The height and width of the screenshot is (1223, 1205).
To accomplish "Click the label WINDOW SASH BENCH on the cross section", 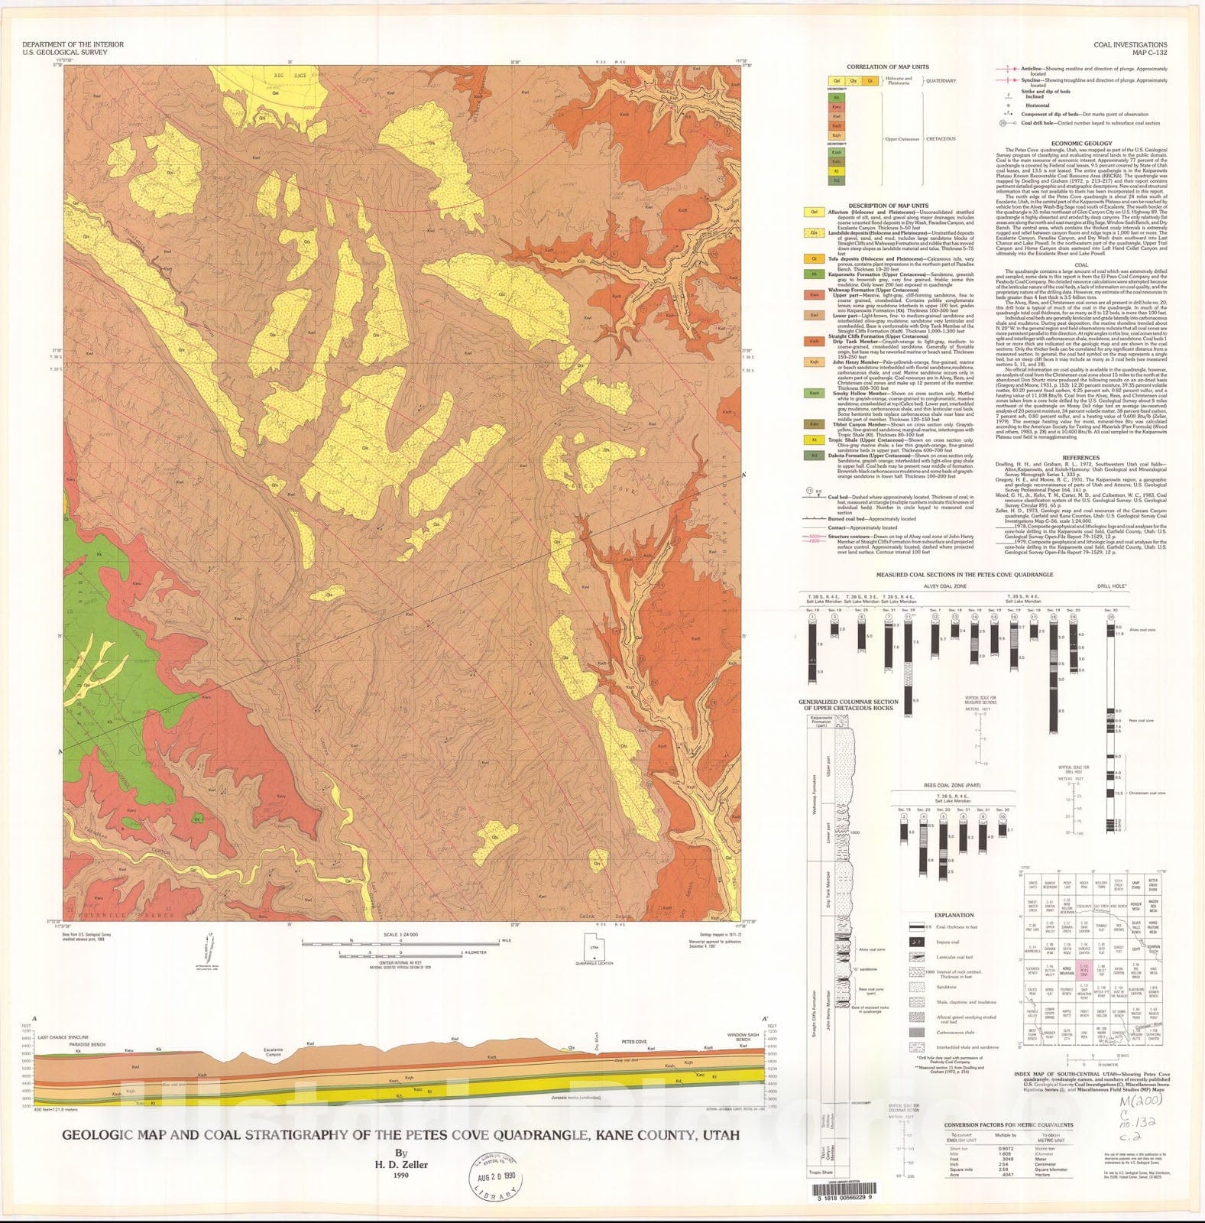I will [x=748, y=1037].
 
